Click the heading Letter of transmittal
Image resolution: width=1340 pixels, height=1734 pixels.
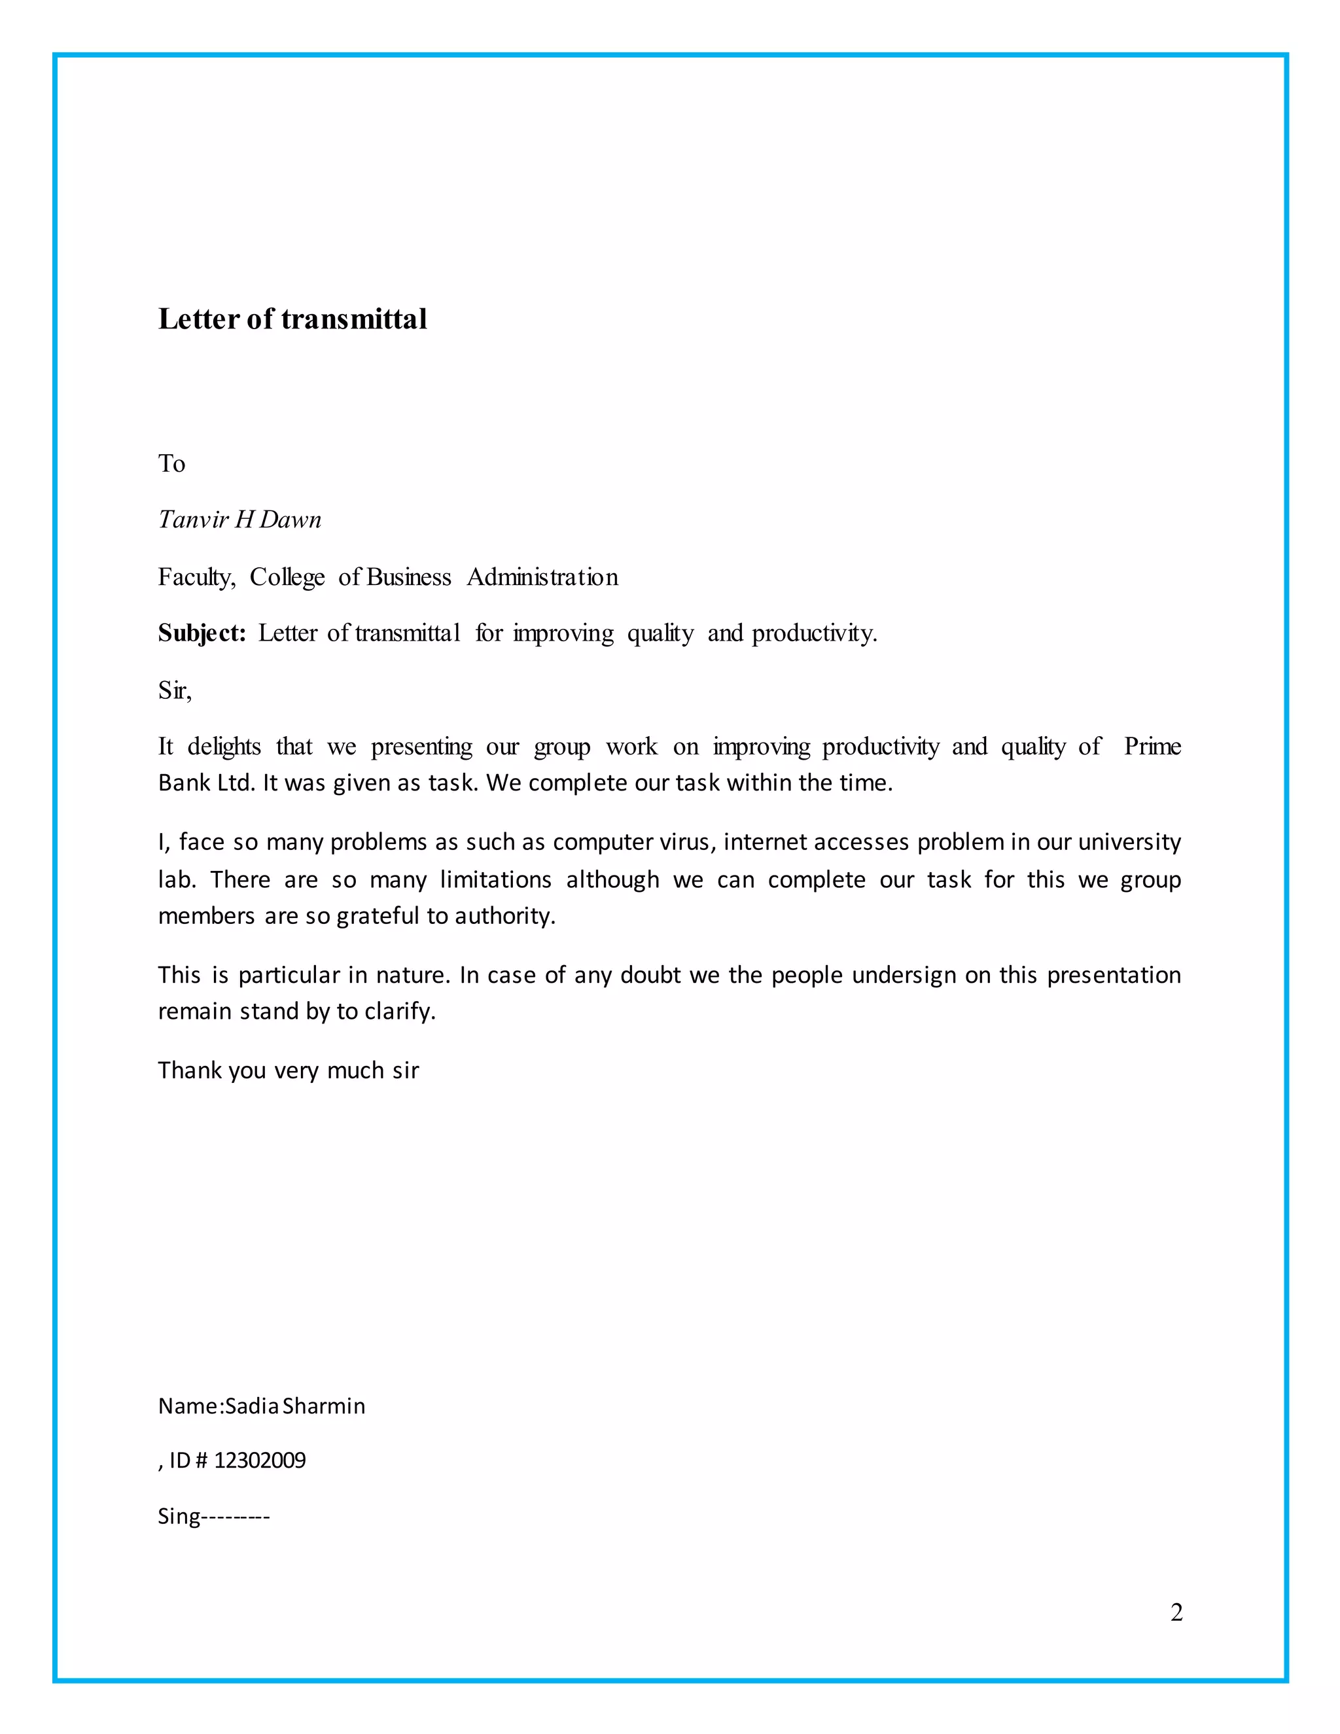pos(292,319)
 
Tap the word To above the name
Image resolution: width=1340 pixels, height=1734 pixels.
pos(171,464)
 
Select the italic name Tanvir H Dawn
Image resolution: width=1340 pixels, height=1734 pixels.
pos(239,520)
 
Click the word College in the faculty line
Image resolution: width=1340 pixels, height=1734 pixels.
pos(287,577)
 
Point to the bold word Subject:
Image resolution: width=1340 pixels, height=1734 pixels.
pos(202,633)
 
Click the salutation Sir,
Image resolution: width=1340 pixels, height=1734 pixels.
pos(175,691)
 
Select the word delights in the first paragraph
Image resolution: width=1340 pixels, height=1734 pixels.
pos(224,747)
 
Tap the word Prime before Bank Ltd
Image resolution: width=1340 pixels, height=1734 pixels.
pos(1152,747)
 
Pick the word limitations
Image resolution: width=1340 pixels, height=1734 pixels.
pos(495,879)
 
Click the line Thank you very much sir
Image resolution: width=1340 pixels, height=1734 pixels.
pos(288,1071)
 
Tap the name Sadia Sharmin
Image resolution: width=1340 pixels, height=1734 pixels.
pos(295,1406)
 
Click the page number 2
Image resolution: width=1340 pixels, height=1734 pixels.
pos(1176,1612)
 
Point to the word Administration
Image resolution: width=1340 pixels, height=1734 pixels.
pos(542,577)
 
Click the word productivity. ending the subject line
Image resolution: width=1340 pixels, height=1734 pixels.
pos(814,633)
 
